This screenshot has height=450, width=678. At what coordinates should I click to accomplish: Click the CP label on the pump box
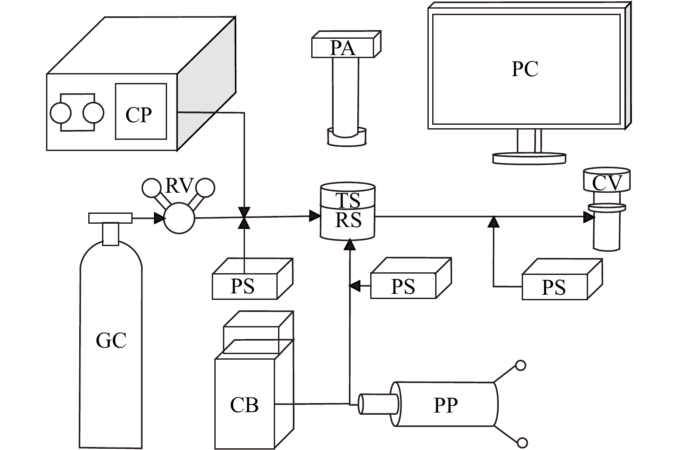139,114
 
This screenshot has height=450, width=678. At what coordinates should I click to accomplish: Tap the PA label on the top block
343,48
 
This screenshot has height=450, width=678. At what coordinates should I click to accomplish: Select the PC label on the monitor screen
525,69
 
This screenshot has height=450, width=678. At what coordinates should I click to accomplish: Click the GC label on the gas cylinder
111,340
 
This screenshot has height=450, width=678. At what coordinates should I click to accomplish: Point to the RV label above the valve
178,186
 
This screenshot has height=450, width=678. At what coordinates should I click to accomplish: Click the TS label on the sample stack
348,200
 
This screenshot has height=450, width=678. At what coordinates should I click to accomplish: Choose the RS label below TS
348,220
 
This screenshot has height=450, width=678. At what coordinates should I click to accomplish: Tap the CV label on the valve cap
607,182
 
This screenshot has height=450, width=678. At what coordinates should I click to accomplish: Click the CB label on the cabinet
244,405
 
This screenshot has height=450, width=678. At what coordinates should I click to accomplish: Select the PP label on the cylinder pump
446,405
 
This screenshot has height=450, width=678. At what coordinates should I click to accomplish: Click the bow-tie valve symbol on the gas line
245,217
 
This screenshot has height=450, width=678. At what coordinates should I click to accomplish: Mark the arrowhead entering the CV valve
589,217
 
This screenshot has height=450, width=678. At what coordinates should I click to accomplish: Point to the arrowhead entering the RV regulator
160,218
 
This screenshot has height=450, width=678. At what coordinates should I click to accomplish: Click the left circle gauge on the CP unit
61,113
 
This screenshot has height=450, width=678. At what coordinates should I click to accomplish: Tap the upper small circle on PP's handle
521,365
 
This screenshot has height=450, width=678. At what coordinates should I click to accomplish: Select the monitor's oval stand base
529,158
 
